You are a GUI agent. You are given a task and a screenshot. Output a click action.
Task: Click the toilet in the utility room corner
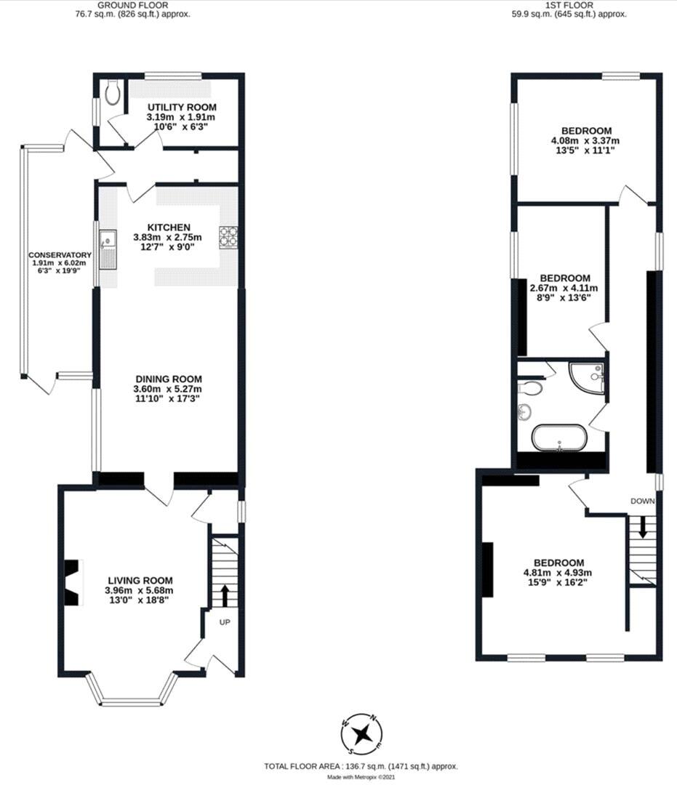point(111,92)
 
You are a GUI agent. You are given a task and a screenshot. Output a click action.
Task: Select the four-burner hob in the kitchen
point(229,237)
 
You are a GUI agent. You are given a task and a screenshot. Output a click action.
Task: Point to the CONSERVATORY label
point(60,255)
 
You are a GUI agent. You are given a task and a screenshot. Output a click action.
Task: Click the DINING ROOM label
point(168,379)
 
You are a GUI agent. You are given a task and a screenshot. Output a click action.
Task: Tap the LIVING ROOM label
point(140,580)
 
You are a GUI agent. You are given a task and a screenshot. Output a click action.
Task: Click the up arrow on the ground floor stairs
point(224,595)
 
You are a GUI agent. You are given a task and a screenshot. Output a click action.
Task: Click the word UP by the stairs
point(225,623)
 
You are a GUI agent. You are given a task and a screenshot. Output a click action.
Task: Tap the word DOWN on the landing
point(643,501)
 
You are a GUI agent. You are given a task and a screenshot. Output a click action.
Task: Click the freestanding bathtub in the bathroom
point(558,438)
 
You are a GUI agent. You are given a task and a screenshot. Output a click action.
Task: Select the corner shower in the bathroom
point(588,377)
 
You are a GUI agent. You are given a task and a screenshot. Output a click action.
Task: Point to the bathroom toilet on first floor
point(531,388)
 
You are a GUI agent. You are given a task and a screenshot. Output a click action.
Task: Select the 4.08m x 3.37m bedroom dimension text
point(585,140)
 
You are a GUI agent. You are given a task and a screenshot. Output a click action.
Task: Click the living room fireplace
point(73,582)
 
